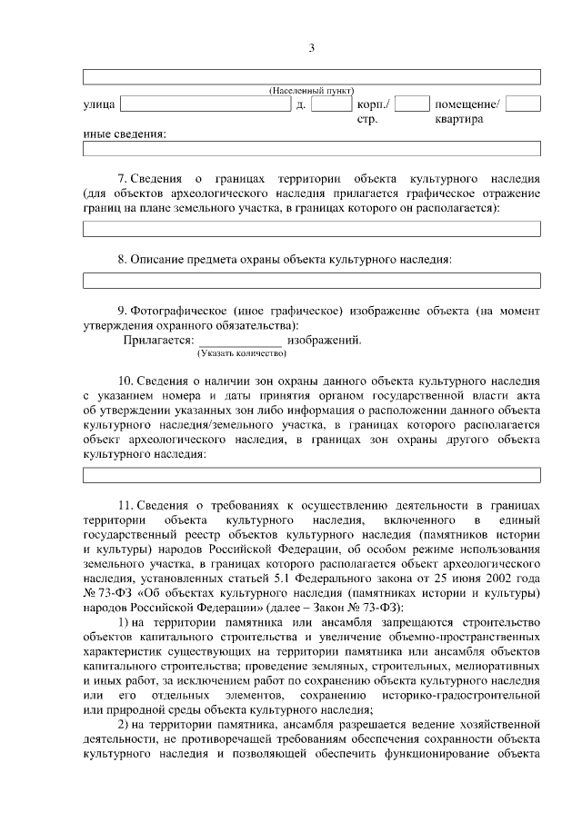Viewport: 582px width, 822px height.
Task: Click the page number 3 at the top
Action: pyautogui.click(x=311, y=47)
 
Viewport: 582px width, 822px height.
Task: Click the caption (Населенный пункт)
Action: pyautogui.click(x=311, y=92)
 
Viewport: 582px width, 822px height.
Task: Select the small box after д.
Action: pyautogui.click(x=325, y=104)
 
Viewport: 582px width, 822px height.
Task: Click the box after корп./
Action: pyautogui.click(x=412, y=104)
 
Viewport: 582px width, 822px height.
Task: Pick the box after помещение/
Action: pyautogui.click(x=523, y=104)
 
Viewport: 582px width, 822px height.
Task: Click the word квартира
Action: pyautogui.click(x=458, y=119)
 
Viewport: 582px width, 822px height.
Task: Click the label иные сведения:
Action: pyautogui.click(x=124, y=134)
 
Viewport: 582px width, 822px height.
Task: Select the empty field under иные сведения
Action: pyautogui.click(x=311, y=149)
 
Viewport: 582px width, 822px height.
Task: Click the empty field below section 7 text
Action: pyautogui.click(x=311, y=228)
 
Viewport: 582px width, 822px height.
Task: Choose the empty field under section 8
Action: pyautogui.click(x=311, y=281)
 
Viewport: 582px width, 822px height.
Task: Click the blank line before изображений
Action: pyautogui.click(x=240, y=342)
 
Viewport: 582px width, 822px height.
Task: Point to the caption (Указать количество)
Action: pyautogui.click(x=236, y=353)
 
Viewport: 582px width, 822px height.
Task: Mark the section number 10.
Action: pyautogui.click(x=125, y=381)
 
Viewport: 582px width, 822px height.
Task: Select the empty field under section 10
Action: pyautogui.click(x=311, y=475)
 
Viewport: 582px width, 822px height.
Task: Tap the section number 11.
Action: pyautogui.click(x=125, y=504)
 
